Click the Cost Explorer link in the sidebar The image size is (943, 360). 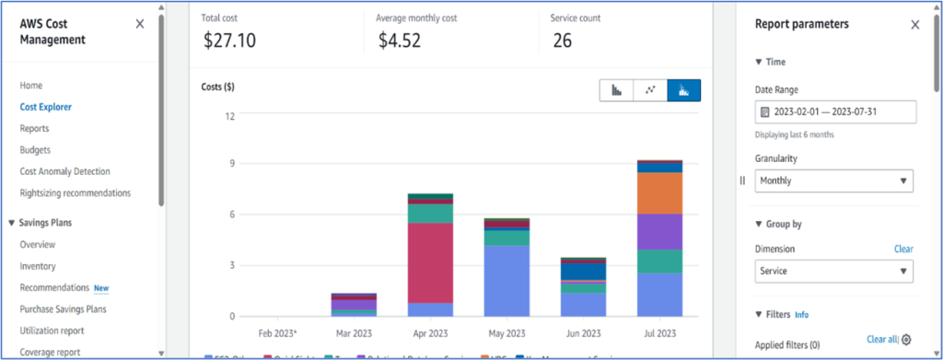(x=45, y=107)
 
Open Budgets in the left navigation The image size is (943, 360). (x=35, y=149)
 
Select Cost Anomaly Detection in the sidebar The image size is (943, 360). (x=64, y=171)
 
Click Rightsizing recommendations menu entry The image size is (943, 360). (x=75, y=192)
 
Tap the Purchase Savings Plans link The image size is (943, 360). (x=63, y=309)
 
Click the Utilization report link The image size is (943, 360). (x=52, y=331)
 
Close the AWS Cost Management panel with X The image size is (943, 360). (x=140, y=24)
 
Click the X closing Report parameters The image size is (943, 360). (x=914, y=25)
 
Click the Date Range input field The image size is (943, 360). (x=835, y=112)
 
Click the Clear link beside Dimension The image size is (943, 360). (x=902, y=249)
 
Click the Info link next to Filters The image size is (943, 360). (x=801, y=315)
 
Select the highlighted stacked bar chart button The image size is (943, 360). (x=683, y=90)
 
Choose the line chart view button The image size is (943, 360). (x=650, y=90)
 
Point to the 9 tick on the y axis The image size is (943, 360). (x=231, y=164)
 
